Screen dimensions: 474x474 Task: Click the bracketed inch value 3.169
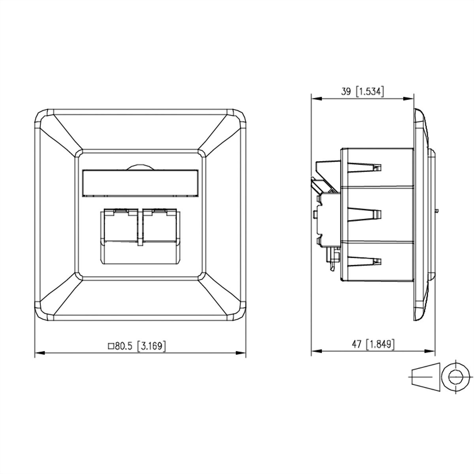(151, 346)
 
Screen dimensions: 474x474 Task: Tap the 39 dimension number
(346, 92)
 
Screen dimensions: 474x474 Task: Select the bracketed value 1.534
(370, 92)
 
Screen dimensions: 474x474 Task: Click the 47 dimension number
(357, 344)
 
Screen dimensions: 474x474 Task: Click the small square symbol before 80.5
(111, 347)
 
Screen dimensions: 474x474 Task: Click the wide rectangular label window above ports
(140, 183)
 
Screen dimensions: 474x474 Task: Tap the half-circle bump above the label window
(140, 167)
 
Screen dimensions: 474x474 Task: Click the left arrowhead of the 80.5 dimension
(38, 353)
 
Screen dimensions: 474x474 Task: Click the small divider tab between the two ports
(139, 241)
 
